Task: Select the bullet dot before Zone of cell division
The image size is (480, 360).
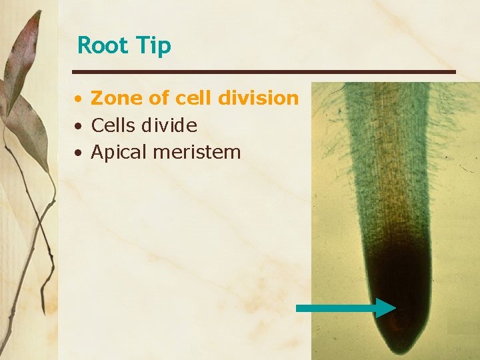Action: click(79, 99)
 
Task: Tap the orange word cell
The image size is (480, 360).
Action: click(191, 98)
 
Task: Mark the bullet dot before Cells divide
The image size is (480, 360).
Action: click(79, 126)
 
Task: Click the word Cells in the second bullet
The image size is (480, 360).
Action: click(113, 125)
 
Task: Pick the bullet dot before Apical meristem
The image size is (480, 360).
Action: click(79, 153)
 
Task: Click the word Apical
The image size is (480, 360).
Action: click(119, 153)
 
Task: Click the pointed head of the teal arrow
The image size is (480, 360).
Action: click(387, 307)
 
